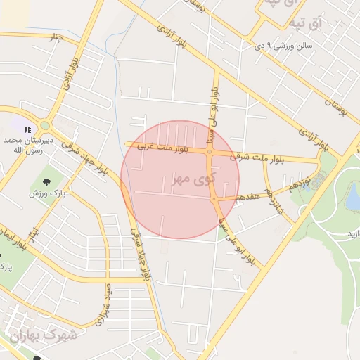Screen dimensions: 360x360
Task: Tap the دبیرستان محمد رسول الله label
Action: (23, 145)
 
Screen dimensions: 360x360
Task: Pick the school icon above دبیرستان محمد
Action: (27, 129)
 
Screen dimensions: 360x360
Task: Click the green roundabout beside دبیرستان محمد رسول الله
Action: (45, 125)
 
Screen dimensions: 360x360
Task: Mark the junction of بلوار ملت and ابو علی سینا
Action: (210, 151)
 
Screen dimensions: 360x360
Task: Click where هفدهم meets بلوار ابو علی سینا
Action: (214, 199)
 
